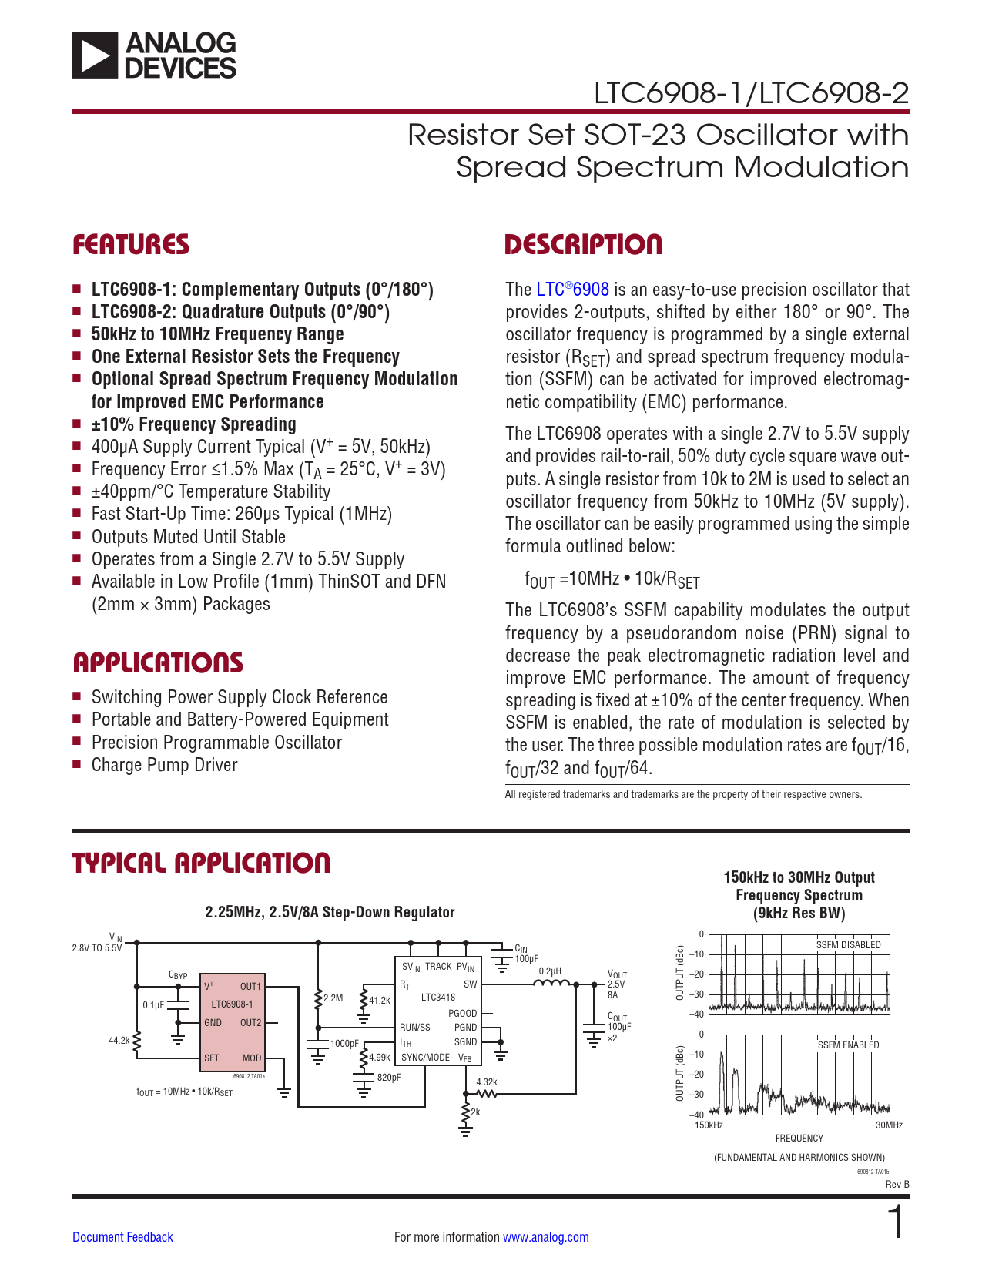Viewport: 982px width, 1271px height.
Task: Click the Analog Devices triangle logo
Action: pos(95,55)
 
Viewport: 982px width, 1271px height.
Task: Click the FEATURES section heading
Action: pos(131,245)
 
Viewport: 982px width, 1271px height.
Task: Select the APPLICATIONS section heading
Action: pos(158,663)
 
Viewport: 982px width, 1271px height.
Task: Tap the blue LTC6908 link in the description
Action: pos(572,290)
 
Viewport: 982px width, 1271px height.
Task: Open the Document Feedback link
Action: pos(122,1237)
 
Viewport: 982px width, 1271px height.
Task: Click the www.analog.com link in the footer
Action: pos(545,1237)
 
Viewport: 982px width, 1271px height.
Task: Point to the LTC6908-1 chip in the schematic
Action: pos(232,1004)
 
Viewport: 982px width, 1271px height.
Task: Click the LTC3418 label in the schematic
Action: pos(437,997)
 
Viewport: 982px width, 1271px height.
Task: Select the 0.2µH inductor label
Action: pos(549,971)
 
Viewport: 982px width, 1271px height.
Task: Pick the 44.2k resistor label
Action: pos(119,1041)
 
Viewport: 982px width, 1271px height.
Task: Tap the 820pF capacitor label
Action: pos(388,1078)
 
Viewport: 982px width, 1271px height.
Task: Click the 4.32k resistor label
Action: pos(486,1082)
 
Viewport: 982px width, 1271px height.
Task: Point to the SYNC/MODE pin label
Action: pos(425,1058)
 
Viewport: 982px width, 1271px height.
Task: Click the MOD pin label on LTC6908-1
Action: pos(252,1058)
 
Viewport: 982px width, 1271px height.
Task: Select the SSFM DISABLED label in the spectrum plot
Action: pos(848,945)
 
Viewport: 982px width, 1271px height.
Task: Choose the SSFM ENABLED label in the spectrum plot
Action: pos(848,1045)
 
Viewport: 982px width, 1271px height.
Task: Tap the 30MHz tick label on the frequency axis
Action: pos(889,1125)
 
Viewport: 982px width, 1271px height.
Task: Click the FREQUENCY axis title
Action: pos(799,1139)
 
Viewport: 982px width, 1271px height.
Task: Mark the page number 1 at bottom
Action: pos(896,1223)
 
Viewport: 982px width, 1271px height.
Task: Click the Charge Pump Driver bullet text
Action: pos(164,765)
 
